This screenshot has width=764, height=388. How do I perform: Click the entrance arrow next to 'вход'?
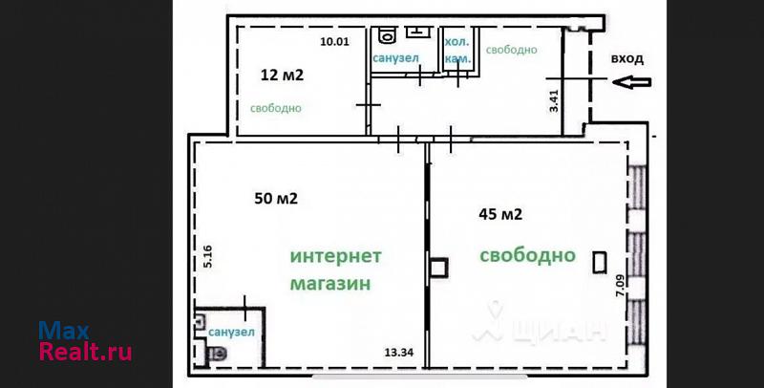[632, 82]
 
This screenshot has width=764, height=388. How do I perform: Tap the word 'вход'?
[627, 59]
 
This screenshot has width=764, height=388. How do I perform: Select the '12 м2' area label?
[282, 75]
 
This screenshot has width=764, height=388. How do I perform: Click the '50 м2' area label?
[276, 199]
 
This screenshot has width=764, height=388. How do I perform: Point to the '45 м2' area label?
[500, 214]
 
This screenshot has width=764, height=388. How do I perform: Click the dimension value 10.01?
[335, 41]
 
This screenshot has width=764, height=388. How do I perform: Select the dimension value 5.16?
[208, 256]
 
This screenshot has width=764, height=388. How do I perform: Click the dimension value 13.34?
[398, 353]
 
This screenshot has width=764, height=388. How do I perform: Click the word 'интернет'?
[336, 256]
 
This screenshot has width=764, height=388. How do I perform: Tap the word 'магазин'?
[330, 284]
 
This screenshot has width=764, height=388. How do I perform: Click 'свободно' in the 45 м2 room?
[528, 255]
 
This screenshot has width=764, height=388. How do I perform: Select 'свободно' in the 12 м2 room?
[276, 108]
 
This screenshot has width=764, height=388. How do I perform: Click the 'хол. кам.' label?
[458, 51]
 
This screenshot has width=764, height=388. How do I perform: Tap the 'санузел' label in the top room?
[396, 58]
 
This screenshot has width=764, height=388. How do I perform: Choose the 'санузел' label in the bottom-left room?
[231, 333]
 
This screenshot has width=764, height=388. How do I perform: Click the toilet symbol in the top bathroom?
[388, 34]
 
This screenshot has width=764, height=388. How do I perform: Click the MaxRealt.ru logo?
[85, 341]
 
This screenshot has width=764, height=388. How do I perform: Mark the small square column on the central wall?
[439, 268]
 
